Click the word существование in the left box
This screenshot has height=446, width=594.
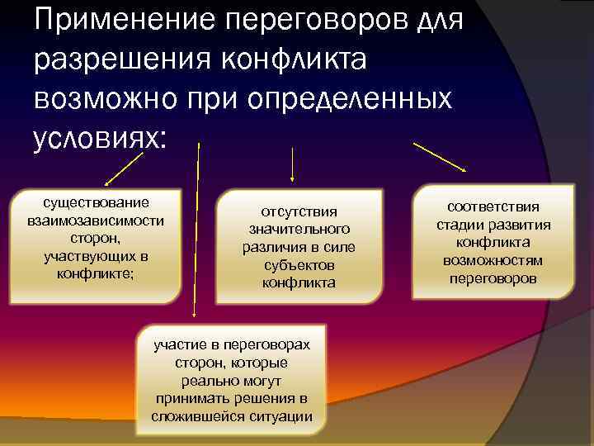coord(97,203)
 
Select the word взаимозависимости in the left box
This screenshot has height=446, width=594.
coord(96,221)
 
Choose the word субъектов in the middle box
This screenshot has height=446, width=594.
coord(299,265)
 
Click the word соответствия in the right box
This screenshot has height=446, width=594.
coord(493,206)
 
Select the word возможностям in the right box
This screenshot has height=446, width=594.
coord(493,261)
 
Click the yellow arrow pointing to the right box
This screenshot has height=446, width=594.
coord(441,157)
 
